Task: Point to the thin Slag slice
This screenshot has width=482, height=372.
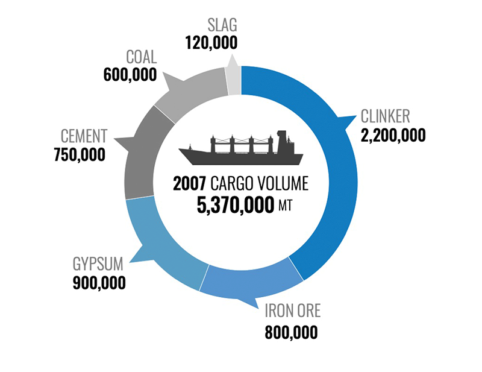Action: (x=234, y=80)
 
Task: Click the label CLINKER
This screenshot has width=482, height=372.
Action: (x=385, y=116)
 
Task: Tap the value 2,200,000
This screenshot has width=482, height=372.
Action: (x=393, y=136)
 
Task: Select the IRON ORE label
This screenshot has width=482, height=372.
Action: (x=293, y=311)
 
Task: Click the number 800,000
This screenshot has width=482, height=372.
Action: (x=291, y=332)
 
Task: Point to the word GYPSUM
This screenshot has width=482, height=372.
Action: (x=98, y=264)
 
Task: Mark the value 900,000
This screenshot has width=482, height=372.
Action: (x=99, y=283)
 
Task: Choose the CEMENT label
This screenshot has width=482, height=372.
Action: (x=84, y=136)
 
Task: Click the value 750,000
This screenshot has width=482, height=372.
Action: (x=80, y=155)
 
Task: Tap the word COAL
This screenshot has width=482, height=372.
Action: (x=142, y=57)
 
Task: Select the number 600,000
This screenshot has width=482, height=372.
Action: (x=130, y=75)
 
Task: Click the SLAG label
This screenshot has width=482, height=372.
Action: (x=222, y=25)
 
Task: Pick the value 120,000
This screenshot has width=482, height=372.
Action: (x=211, y=42)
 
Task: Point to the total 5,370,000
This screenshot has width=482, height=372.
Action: (x=235, y=205)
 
